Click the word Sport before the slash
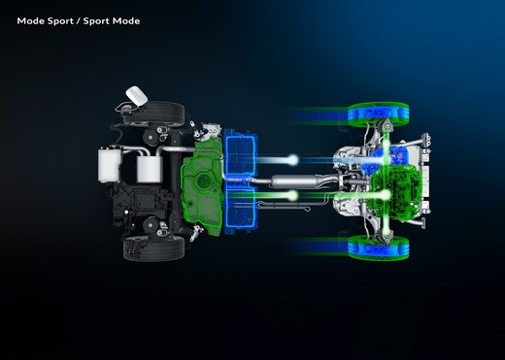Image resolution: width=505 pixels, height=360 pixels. tap(60, 21)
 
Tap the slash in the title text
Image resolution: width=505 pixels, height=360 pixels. tap(79, 21)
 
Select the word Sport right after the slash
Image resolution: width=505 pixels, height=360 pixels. tap(96, 21)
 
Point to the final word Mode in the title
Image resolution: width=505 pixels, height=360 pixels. tap(126, 21)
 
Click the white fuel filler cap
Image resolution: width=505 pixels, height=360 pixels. tap(137, 95)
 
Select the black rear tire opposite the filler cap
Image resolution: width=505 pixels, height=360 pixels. tap(154, 248)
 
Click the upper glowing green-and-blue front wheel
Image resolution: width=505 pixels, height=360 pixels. tap(378, 115)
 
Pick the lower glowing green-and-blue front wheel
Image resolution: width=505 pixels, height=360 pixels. tap(378, 247)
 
